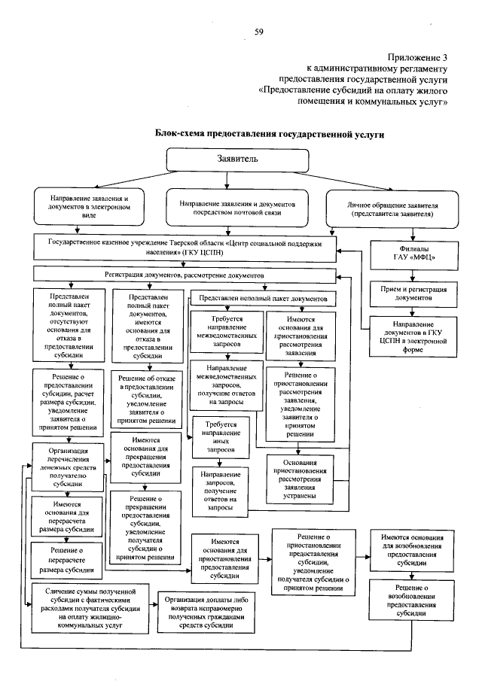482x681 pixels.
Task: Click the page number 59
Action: (x=259, y=31)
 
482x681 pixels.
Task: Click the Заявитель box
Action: (x=237, y=160)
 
